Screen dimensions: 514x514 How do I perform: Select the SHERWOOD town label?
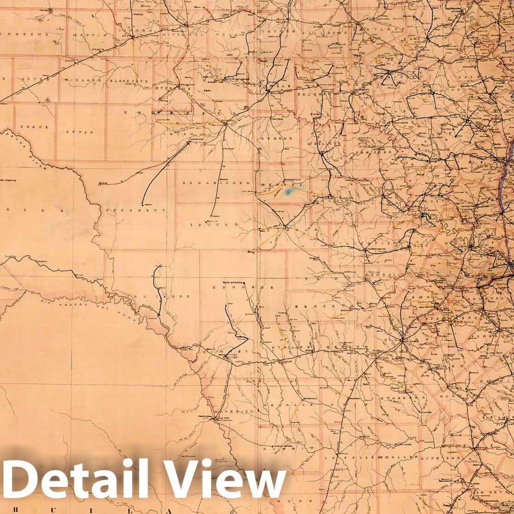pyautogui.click(x=196, y=142)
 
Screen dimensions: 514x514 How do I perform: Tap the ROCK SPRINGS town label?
pyautogui.click(x=233, y=283)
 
